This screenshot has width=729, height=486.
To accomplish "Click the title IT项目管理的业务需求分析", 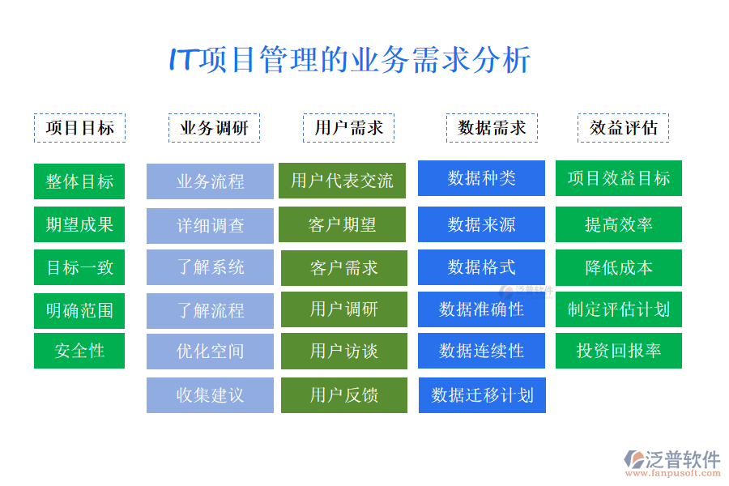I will [349, 61].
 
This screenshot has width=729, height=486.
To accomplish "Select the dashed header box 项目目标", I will [79, 128].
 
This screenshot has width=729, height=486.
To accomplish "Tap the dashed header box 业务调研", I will [214, 128].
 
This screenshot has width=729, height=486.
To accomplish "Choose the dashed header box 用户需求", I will [348, 128].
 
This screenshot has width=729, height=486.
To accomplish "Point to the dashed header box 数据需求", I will [492, 128].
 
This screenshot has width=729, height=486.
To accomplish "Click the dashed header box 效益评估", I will [623, 128].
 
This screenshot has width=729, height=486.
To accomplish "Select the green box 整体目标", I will [79, 181].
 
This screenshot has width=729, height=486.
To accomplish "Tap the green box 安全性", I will [79, 351].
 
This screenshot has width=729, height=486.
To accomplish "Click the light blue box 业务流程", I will [210, 181].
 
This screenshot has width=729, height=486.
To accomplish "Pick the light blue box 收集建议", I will [210, 395].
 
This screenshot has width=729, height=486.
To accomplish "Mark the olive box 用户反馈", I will [343, 395].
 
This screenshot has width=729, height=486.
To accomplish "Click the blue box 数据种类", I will [481, 178].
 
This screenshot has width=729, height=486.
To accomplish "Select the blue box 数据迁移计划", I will [482, 395].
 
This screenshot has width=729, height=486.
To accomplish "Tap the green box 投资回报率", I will [618, 351].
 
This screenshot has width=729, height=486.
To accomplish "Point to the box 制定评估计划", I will [618, 309].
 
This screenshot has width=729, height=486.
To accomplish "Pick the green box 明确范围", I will [79, 309].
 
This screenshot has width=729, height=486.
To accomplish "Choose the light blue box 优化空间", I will [210, 352].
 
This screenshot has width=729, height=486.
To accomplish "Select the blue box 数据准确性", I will [481, 309].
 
